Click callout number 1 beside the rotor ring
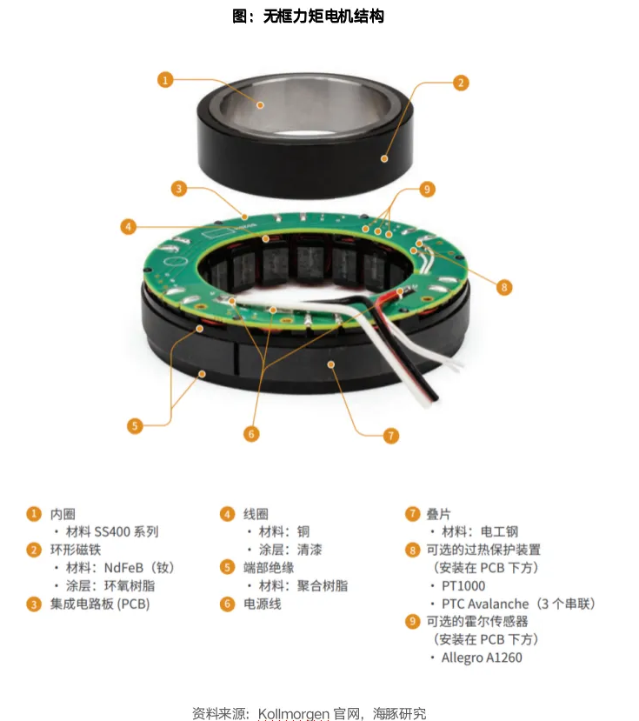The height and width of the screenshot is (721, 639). [165, 80]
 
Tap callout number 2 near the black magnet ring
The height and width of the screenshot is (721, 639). [461, 83]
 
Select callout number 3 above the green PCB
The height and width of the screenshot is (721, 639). [179, 189]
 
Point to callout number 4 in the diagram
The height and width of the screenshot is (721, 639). [129, 227]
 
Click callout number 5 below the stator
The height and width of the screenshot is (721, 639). [135, 426]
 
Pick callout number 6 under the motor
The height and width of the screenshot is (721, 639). [251, 434]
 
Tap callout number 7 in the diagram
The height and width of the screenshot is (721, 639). [390, 436]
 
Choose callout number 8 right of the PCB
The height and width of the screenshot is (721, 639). [504, 287]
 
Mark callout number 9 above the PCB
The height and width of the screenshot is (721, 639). [427, 189]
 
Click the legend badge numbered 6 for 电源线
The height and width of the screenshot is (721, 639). [227, 604]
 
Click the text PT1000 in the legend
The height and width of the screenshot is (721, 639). [463, 586]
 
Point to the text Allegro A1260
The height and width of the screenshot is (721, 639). [482, 658]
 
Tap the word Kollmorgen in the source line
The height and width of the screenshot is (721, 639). [294, 714]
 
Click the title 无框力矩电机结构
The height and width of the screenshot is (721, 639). [323, 17]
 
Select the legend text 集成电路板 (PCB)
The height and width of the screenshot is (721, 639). [100, 604]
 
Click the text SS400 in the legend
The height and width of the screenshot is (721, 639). [112, 532]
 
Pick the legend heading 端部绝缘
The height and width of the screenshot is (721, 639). [269, 568]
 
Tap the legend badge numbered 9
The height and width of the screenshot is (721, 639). [412, 622]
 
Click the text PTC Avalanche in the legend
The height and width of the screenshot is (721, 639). [485, 604]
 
